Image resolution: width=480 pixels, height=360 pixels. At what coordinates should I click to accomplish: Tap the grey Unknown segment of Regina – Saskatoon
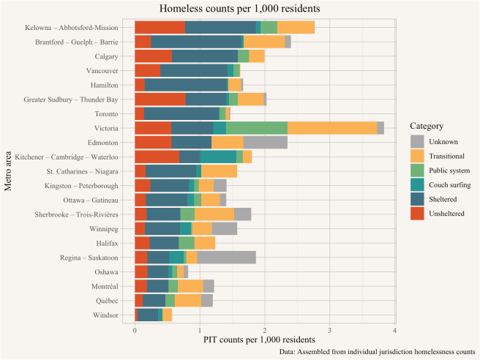[226, 257]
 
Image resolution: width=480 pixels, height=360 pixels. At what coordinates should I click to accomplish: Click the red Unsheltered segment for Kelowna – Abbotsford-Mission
[160, 27]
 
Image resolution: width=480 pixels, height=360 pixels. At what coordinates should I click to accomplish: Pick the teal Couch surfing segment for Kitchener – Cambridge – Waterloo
[218, 157]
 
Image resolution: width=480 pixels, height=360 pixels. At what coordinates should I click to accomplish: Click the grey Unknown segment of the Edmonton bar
[265, 142]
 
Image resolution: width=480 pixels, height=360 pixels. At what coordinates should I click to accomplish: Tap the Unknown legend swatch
[418, 140]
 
